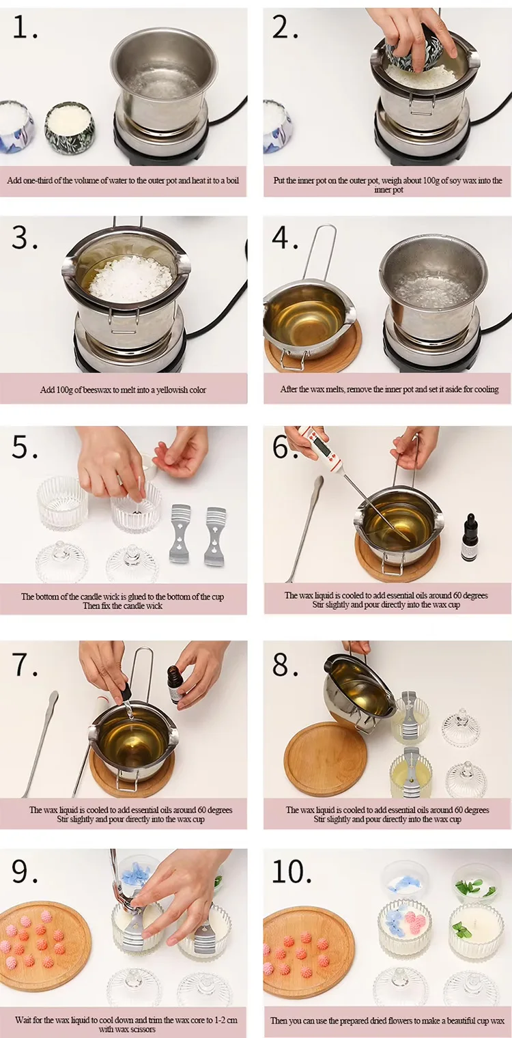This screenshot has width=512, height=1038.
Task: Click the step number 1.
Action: point(24,28)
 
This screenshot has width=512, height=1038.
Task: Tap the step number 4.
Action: point(285,238)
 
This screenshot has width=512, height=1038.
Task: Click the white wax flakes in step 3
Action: point(132,277)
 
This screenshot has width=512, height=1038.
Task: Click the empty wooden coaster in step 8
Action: point(325,759)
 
